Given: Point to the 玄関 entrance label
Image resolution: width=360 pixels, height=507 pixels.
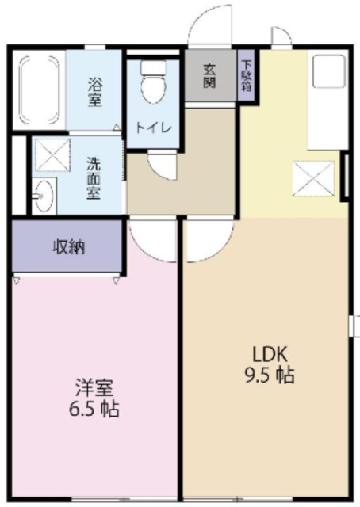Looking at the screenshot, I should (x=209, y=77).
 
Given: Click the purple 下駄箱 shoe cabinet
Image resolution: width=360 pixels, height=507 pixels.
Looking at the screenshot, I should (x=247, y=75).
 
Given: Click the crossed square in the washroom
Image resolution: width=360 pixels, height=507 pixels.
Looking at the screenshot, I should (x=54, y=154).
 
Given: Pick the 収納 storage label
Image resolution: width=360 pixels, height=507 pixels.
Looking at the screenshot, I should (x=69, y=246).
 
